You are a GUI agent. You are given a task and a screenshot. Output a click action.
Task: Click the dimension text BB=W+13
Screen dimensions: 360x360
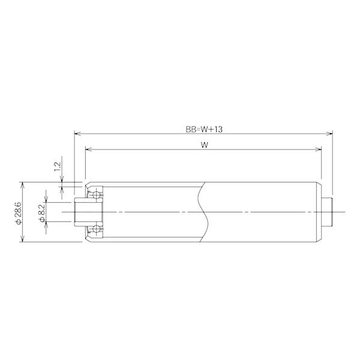204,129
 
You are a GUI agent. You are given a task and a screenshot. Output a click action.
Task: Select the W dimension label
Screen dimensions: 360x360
205,145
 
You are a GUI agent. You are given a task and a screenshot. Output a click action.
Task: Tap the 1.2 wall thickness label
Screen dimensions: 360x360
57,167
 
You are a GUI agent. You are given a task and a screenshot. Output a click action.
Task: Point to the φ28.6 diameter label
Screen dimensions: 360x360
19,214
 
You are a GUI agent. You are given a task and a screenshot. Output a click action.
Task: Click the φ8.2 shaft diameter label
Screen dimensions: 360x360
42,213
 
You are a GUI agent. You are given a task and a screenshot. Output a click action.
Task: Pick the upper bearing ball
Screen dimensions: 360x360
96,195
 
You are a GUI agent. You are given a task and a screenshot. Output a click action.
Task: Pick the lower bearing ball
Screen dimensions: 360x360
96,229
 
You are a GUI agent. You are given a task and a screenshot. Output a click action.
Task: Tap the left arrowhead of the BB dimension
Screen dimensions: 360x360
77,133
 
